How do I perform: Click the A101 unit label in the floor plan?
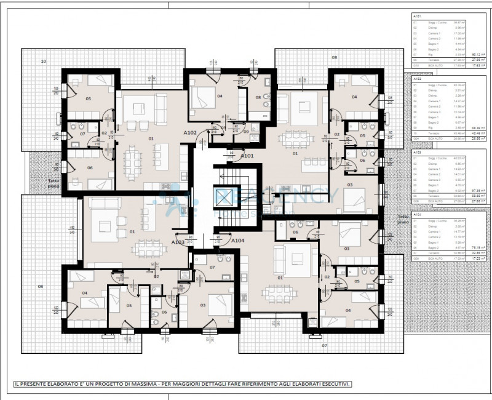coord(247,156)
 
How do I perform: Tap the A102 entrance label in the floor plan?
coord(190,132)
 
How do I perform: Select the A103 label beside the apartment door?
coord(178,242)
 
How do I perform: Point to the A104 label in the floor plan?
coord(238,241)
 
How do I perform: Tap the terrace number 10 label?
coord(43,62)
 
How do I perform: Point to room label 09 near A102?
coord(246,132)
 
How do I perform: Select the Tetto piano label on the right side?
coord(403,219)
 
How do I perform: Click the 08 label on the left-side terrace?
coord(41,287)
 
